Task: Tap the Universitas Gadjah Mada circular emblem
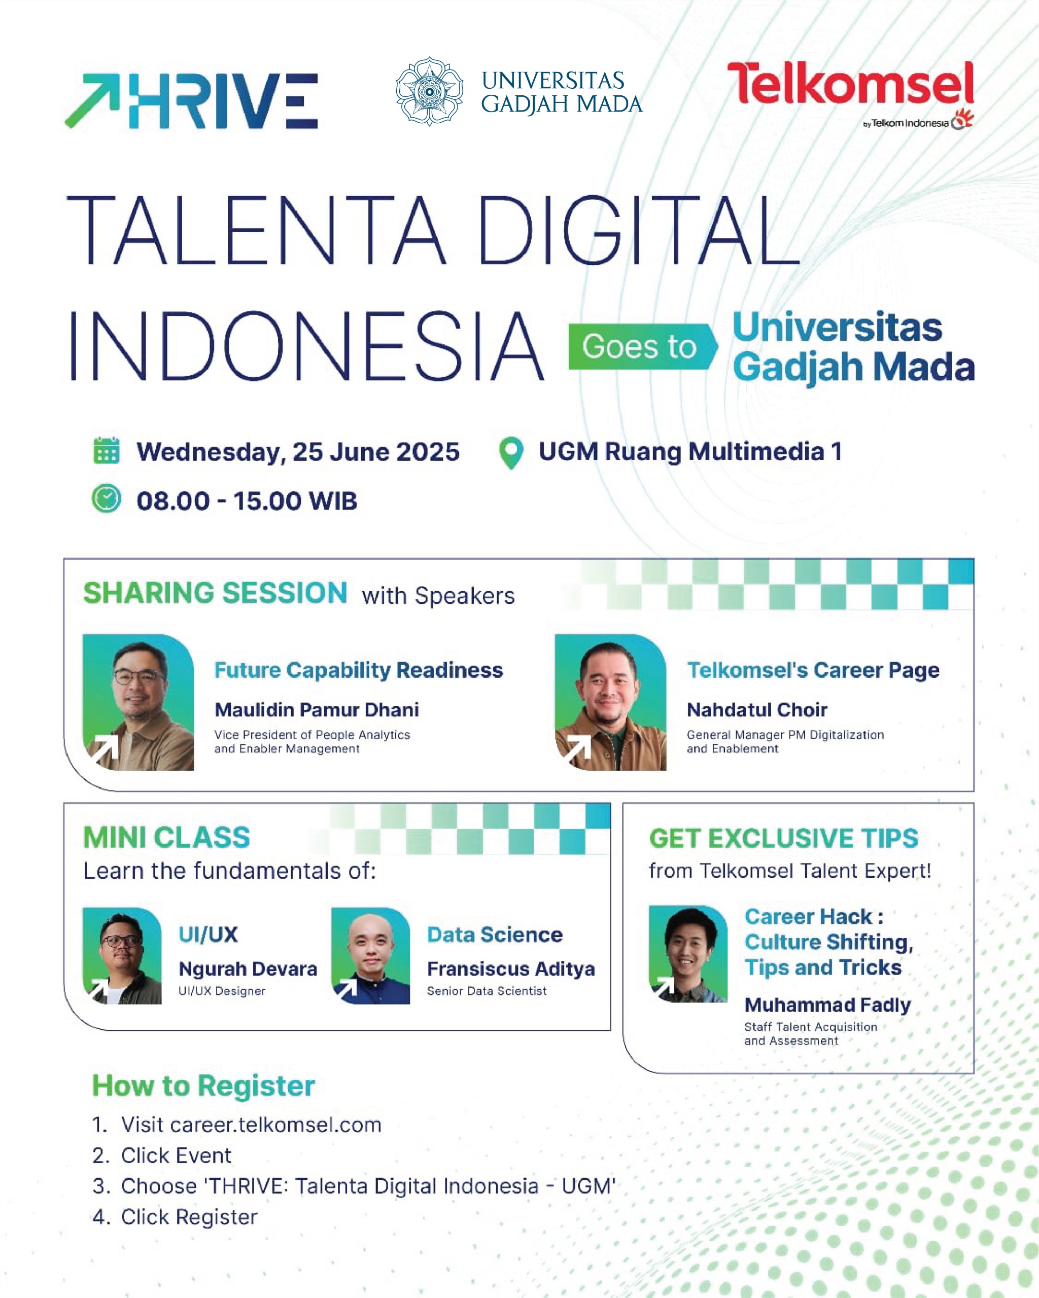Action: (429, 91)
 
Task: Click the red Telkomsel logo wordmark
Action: (850, 84)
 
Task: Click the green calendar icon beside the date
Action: (107, 451)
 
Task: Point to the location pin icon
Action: (511, 452)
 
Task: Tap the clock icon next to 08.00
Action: (107, 499)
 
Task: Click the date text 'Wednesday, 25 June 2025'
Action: (297, 452)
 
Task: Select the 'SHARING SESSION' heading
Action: (215, 593)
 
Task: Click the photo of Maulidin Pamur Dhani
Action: (138, 702)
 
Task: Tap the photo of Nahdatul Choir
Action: (610, 702)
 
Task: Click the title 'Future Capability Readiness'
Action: (358, 670)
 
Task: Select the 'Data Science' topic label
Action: (495, 934)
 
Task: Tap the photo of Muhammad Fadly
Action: (688, 954)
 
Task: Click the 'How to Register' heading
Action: (203, 1086)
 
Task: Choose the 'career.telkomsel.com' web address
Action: (276, 1125)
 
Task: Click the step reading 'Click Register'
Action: (189, 1217)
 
